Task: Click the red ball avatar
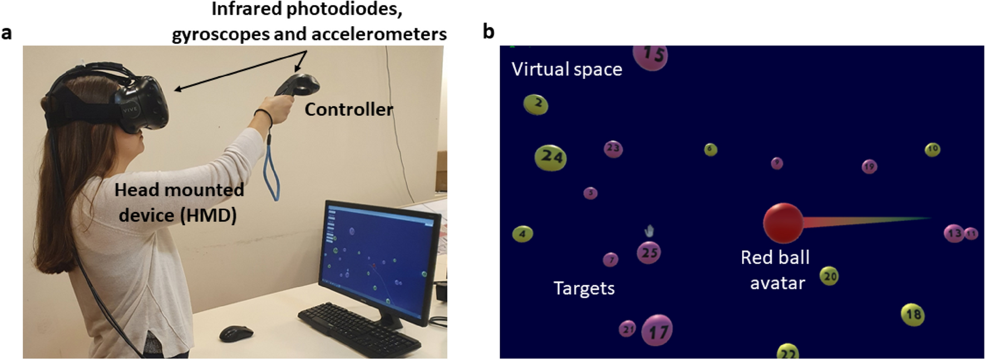click(x=783, y=223)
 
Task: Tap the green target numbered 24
click(x=550, y=157)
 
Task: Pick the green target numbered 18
click(x=913, y=314)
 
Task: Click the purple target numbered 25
click(x=649, y=253)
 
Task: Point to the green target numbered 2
click(x=536, y=104)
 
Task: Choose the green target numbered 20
click(x=829, y=276)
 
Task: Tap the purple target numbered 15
click(x=651, y=56)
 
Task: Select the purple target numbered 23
click(x=613, y=149)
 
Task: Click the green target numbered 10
click(x=932, y=149)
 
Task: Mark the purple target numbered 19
click(x=869, y=166)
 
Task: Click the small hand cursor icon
click(x=649, y=230)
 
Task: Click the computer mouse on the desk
click(x=236, y=333)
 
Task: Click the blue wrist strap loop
click(x=272, y=167)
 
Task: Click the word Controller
click(x=348, y=110)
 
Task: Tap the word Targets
click(x=584, y=288)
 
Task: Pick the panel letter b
click(x=488, y=32)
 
